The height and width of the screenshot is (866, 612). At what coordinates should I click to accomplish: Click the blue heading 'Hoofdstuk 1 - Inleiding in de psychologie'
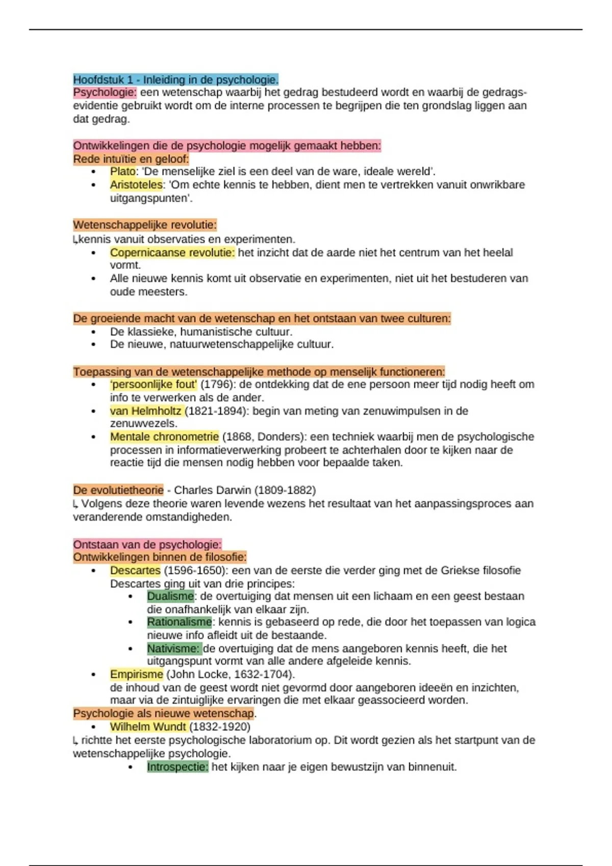(x=175, y=79)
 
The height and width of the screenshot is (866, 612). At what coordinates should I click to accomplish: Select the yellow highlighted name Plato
(x=123, y=172)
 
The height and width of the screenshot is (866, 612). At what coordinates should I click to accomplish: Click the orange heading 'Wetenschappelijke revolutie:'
(x=145, y=225)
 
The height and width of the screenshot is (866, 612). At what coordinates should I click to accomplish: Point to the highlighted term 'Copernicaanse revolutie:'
(x=172, y=253)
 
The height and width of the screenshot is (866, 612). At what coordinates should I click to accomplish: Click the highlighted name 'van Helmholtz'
(x=146, y=411)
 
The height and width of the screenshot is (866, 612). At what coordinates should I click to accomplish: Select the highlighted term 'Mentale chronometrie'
(x=164, y=437)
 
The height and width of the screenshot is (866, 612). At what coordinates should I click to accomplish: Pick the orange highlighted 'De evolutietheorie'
(x=118, y=490)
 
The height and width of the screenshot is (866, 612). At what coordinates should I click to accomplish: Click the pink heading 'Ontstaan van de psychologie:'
(x=147, y=544)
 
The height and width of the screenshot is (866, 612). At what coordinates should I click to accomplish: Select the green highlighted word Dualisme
(x=170, y=597)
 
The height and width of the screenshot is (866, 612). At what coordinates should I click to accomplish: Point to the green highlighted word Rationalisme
(x=179, y=622)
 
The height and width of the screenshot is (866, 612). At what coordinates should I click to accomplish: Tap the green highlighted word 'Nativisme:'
(x=173, y=648)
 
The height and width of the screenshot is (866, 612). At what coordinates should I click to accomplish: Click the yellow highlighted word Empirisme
(x=136, y=674)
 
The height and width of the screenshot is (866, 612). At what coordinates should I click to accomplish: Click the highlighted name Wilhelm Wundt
(x=148, y=727)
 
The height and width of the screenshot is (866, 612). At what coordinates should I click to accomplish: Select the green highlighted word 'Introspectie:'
(x=177, y=767)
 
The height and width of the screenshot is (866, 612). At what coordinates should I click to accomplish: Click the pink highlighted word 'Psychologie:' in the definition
(x=105, y=93)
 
